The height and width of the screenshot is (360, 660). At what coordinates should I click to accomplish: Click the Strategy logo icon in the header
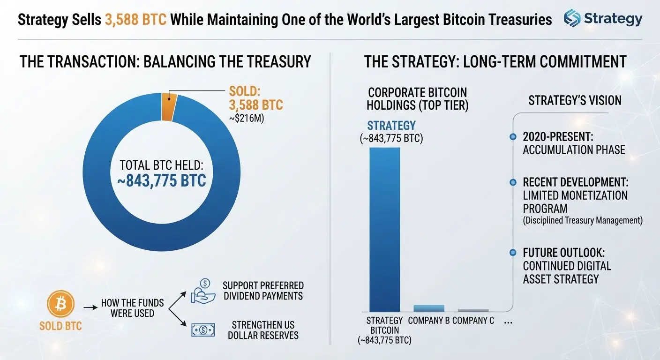(572, 18)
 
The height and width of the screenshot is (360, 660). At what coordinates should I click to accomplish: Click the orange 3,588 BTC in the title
(135, 20)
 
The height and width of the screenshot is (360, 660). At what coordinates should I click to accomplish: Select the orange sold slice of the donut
(169, 107)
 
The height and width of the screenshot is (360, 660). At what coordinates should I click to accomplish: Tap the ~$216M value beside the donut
(247, 118)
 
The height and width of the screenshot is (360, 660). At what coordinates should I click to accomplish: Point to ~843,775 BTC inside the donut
(161, 180)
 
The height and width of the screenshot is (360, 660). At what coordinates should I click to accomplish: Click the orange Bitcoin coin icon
(60, 304)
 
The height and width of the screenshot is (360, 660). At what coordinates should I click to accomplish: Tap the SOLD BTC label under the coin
(60, 326)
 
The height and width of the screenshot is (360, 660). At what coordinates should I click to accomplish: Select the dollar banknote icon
(203, 330)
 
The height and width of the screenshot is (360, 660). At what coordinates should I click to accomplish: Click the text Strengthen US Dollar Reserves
(263, 330)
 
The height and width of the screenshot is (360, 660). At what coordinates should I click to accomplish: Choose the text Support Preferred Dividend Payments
(263, 291)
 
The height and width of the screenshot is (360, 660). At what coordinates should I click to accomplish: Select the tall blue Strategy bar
(385, 230)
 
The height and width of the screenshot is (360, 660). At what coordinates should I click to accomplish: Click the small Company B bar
(429, 308)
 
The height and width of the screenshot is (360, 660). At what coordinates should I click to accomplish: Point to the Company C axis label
(473, 321)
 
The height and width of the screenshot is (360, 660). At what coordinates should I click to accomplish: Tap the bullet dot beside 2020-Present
(513, 137)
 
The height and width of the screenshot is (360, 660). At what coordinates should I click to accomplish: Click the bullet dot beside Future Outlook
(513, 253)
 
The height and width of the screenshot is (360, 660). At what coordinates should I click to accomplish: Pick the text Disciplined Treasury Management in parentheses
(583, 220)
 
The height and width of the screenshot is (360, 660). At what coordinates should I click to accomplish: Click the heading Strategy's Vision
(575, 100)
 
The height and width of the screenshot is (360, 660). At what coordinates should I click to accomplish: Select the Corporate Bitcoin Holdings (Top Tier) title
(418, 99)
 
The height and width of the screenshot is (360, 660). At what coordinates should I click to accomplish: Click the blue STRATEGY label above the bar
(391, 126)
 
